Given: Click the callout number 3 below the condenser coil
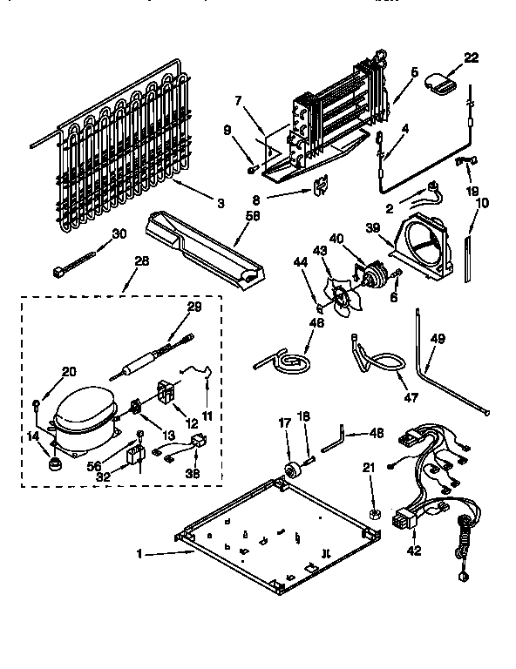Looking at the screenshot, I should (221, 203).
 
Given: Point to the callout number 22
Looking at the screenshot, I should (471, 57).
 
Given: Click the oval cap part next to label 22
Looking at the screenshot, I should (441, 84).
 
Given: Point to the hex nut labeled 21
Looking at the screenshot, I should (372, 514).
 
